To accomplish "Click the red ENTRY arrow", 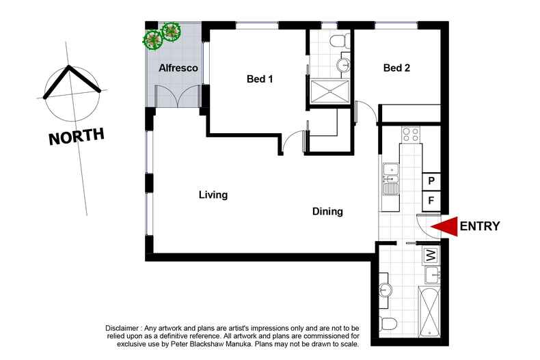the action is [x=444, y=227].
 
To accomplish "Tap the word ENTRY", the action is [x=480, y=226].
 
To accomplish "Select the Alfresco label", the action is [x=178, y=68].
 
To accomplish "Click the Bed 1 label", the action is [x=260, y=79].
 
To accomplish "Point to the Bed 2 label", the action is [x=396, y=68].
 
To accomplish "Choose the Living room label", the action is [x=213, y=195].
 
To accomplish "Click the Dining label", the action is [x=327, y=211].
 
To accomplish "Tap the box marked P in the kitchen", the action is [x=431, y=181].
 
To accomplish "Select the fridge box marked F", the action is [x=431, y=201].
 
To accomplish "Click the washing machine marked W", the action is [x=431, y=255].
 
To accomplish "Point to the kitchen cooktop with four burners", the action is [x=411, y=135].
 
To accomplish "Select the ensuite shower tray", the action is [x=330, y=92].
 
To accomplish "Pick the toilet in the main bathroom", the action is [x=388, y=324].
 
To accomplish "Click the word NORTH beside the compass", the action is [x=77, y=136].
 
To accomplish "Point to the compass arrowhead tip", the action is [x=69, y=66].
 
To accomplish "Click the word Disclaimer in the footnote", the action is [x=122, y=328].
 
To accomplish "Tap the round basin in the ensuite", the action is [x=343, y=64].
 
